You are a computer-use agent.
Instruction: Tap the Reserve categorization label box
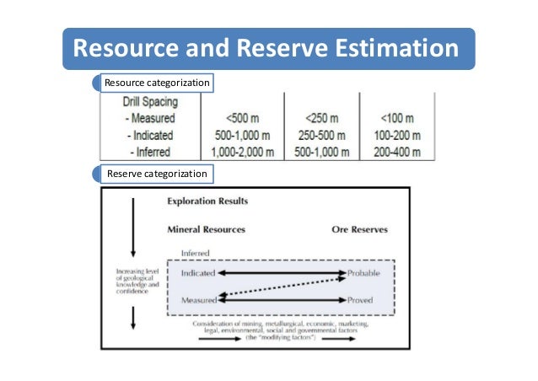click(x=156, y=174)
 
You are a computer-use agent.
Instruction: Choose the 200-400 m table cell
click(x=395, y=152)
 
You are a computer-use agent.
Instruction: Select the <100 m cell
click(x=395, y=119)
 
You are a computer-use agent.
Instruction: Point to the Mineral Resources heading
click(x=207, y=229)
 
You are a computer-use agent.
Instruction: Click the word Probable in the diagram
click(x=364, y=274)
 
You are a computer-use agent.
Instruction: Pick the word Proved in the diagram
click(x=361, y=300)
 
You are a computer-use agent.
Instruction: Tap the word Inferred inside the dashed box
click(x=196, y=254)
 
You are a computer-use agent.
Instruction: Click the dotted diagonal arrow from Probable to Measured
click(x=282, y=287)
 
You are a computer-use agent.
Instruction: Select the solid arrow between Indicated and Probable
click(x=282, y=274)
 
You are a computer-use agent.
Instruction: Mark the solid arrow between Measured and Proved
click(x=282, y=300)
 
